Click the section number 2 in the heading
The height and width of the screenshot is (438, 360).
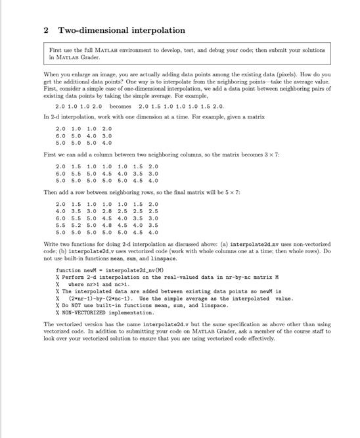click(x=46, y=30)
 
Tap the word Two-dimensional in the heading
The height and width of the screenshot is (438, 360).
click(x=89, y=30)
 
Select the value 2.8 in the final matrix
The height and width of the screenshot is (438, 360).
click(x=106, y=211)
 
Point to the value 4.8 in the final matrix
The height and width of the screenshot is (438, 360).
click(x=106, y=225)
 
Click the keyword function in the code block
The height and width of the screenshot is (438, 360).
click(x=68, y=270)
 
